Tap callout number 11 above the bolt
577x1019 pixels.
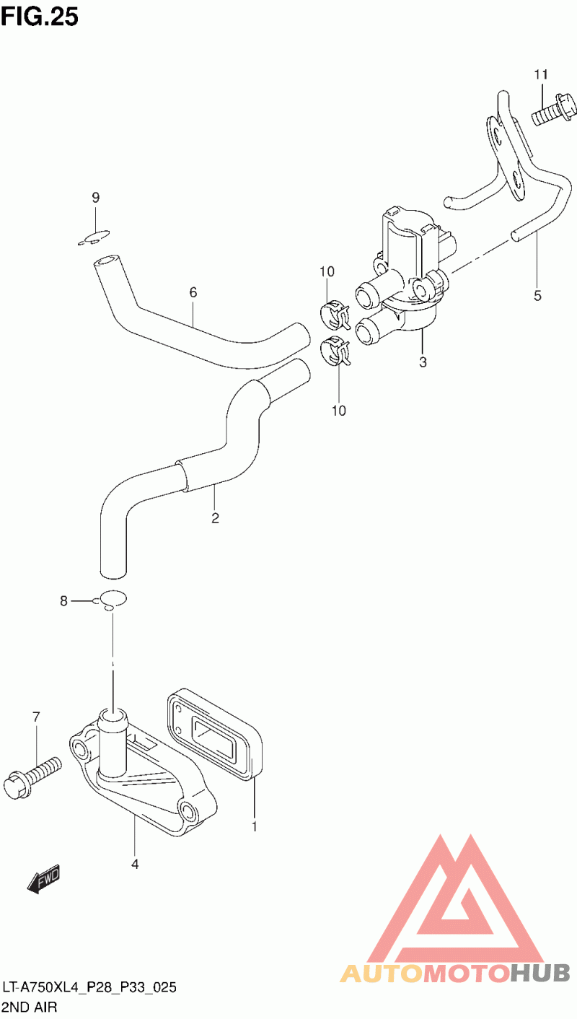(x=542, y=74)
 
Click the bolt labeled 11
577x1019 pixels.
(x=554, y=113)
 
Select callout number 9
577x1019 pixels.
(x=95, y=198)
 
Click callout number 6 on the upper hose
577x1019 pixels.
(x=193, y=292)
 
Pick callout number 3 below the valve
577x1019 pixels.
(x=423, y=362)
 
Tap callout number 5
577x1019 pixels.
(x=537, y=294)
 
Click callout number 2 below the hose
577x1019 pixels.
(x=215, y=517)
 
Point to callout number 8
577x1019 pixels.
(x=63, y=600)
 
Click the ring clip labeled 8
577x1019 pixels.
(x=112, y=599)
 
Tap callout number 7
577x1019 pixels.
(x=35, y=717)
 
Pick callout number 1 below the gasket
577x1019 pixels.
(x=254, y=826)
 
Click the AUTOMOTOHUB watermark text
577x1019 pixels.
(x=454, y=974)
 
